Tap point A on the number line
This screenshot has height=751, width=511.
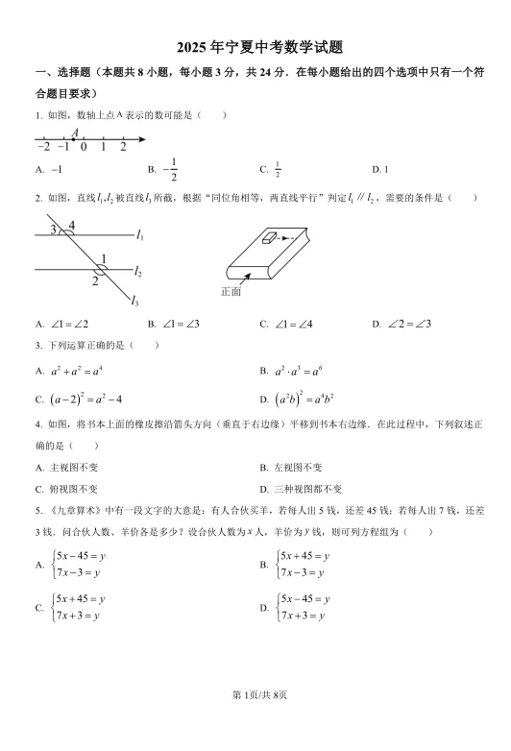click(73, 139)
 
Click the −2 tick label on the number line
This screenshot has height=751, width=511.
click(43, 147)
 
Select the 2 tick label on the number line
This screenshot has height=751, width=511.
click(123, 147)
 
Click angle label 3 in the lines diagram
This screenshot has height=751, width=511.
click(55, 229)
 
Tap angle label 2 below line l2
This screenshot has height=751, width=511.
click(95, 281)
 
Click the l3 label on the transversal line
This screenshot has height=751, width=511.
click(136, 301)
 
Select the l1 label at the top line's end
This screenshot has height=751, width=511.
click(140, 234)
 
